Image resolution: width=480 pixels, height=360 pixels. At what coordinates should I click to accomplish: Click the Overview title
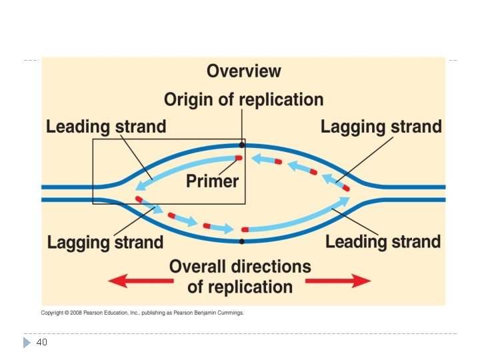point(243,71)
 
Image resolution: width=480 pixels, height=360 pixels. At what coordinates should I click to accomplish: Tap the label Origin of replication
point(243,100)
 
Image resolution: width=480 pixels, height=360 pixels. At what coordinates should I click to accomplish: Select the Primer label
point(212,180)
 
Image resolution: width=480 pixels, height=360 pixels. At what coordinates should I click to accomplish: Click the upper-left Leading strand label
point(106,127)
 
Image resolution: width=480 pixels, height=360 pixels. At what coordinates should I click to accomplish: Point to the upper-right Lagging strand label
point(381,127)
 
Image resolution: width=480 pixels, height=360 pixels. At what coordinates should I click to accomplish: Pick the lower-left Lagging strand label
point(105,242)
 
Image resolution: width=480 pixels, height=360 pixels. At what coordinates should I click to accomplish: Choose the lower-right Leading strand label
point(383,242)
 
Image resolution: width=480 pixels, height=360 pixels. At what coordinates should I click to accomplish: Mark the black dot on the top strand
point(242,144)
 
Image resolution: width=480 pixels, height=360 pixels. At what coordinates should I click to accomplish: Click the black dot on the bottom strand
point(243,241)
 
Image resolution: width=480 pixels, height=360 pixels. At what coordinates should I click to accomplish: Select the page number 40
point(41,342)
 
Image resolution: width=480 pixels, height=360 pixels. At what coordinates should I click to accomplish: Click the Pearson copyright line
point(142,312)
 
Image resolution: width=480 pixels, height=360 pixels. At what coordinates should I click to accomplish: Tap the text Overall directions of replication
point(240,277)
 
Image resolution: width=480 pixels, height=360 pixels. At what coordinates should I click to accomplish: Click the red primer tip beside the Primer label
point(237,158)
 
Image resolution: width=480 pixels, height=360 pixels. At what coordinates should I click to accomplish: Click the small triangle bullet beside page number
point(26,342)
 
